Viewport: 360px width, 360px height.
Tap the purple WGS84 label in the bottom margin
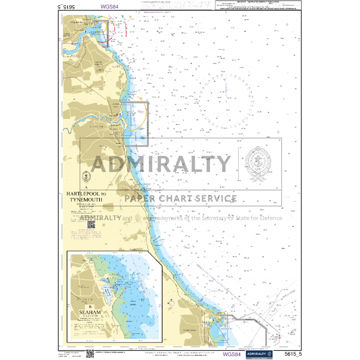(231, 354)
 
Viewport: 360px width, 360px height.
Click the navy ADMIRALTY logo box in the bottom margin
(255, 354)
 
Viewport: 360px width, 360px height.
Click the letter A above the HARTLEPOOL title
(86, 187)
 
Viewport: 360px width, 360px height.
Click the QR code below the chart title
(92, 224)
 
